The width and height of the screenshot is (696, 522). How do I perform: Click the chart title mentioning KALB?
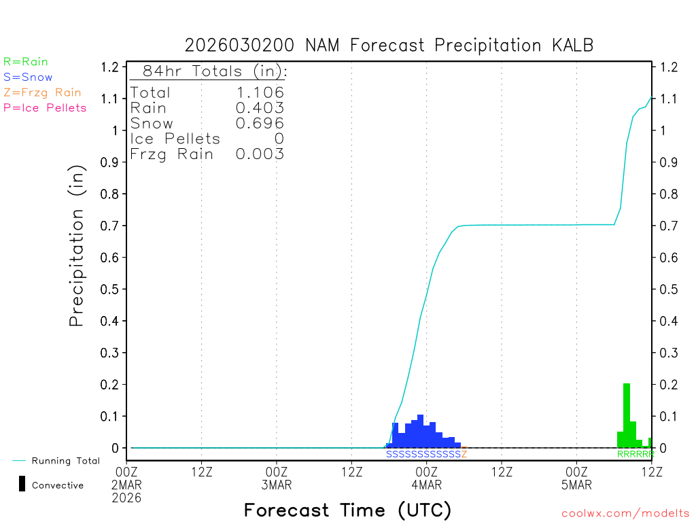(389, 46)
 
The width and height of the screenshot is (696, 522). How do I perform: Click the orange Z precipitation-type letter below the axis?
(464, 454)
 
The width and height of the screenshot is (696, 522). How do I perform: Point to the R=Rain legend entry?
(26, 62)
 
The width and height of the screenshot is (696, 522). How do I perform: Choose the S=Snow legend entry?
(28, 77)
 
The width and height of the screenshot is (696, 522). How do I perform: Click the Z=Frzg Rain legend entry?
(42, 92)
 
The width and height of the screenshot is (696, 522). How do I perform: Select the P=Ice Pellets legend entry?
(45, 107)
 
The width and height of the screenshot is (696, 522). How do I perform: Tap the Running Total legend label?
(65, 461)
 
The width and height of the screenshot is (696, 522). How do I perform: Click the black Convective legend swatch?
(22, 484)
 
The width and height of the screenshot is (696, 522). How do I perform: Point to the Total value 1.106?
(259, 92)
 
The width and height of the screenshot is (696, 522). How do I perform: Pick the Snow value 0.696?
(259, 123)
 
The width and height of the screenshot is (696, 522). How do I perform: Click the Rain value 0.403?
(259, 107)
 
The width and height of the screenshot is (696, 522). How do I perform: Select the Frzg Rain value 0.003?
(259, 154)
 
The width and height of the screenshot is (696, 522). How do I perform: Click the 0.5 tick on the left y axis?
(113, 289)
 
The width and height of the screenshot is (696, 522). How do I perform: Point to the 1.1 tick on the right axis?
(668, 99)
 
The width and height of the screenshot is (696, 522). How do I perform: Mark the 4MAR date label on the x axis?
(426, 485)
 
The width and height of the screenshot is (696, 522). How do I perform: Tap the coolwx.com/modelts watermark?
(625, 513)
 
